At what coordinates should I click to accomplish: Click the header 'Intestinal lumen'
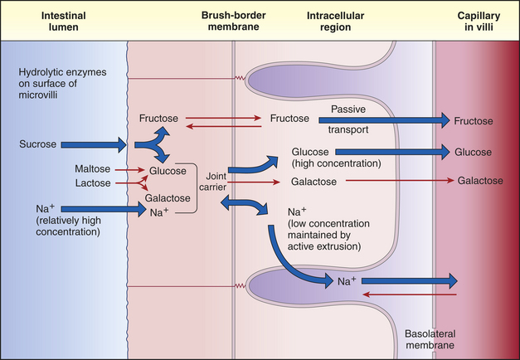(x=63, y=22)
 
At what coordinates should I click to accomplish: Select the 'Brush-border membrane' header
(x=234, y=21)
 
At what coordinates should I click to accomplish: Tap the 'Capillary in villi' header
(x=479, y=22)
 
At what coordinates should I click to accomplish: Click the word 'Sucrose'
(x=38, y=144)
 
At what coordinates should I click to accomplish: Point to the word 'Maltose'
(x=93, y=169)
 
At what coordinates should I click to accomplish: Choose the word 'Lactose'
(x=93, y=182)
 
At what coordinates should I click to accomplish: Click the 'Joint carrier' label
(x=213, y=182)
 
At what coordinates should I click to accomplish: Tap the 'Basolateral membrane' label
(x=430, y=339)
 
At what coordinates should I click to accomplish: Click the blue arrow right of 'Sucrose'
(x=94, y=144)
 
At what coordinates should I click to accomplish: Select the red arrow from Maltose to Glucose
(x=130, y=170)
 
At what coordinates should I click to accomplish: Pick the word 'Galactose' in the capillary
(x=480, y=181)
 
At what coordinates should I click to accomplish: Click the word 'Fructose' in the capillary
(x=474, y=121)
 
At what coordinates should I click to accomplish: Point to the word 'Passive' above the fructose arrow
(x=348, y=109)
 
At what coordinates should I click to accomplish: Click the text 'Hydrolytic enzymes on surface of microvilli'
(x=62, y=84)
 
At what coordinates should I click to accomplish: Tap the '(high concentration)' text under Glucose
(x=336, y=163)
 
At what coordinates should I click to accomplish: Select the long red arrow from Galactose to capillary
(x=400, y=181)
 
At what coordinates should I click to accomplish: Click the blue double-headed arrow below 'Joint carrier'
(x=244, y=205)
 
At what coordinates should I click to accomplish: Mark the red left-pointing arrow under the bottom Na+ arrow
(x=410, y=294)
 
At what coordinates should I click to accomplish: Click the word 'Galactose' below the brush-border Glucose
(x=168, y=198)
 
